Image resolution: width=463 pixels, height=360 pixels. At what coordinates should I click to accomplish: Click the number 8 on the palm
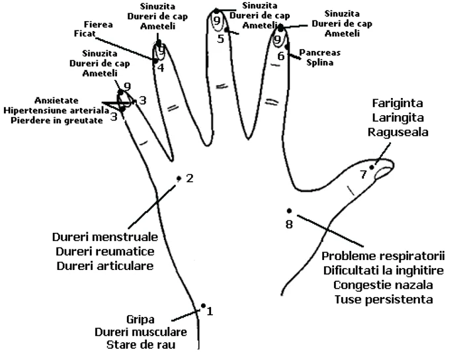[x=288, y=224]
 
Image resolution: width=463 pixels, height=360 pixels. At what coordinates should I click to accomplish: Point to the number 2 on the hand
[x=190, y=178]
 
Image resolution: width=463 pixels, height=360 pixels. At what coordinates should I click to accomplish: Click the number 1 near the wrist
[x=210, y=310]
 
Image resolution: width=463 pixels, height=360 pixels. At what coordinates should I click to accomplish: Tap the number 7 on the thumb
[x=363, y=175]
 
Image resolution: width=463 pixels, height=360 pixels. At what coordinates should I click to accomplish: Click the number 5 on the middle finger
[x=221, y=38]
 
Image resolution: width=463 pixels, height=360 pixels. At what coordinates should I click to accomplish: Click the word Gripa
[x=140, y=318]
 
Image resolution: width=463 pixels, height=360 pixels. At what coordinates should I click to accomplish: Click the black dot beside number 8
[x=289, y=211]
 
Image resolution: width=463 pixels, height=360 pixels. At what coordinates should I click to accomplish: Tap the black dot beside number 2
[x=179, y=178]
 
